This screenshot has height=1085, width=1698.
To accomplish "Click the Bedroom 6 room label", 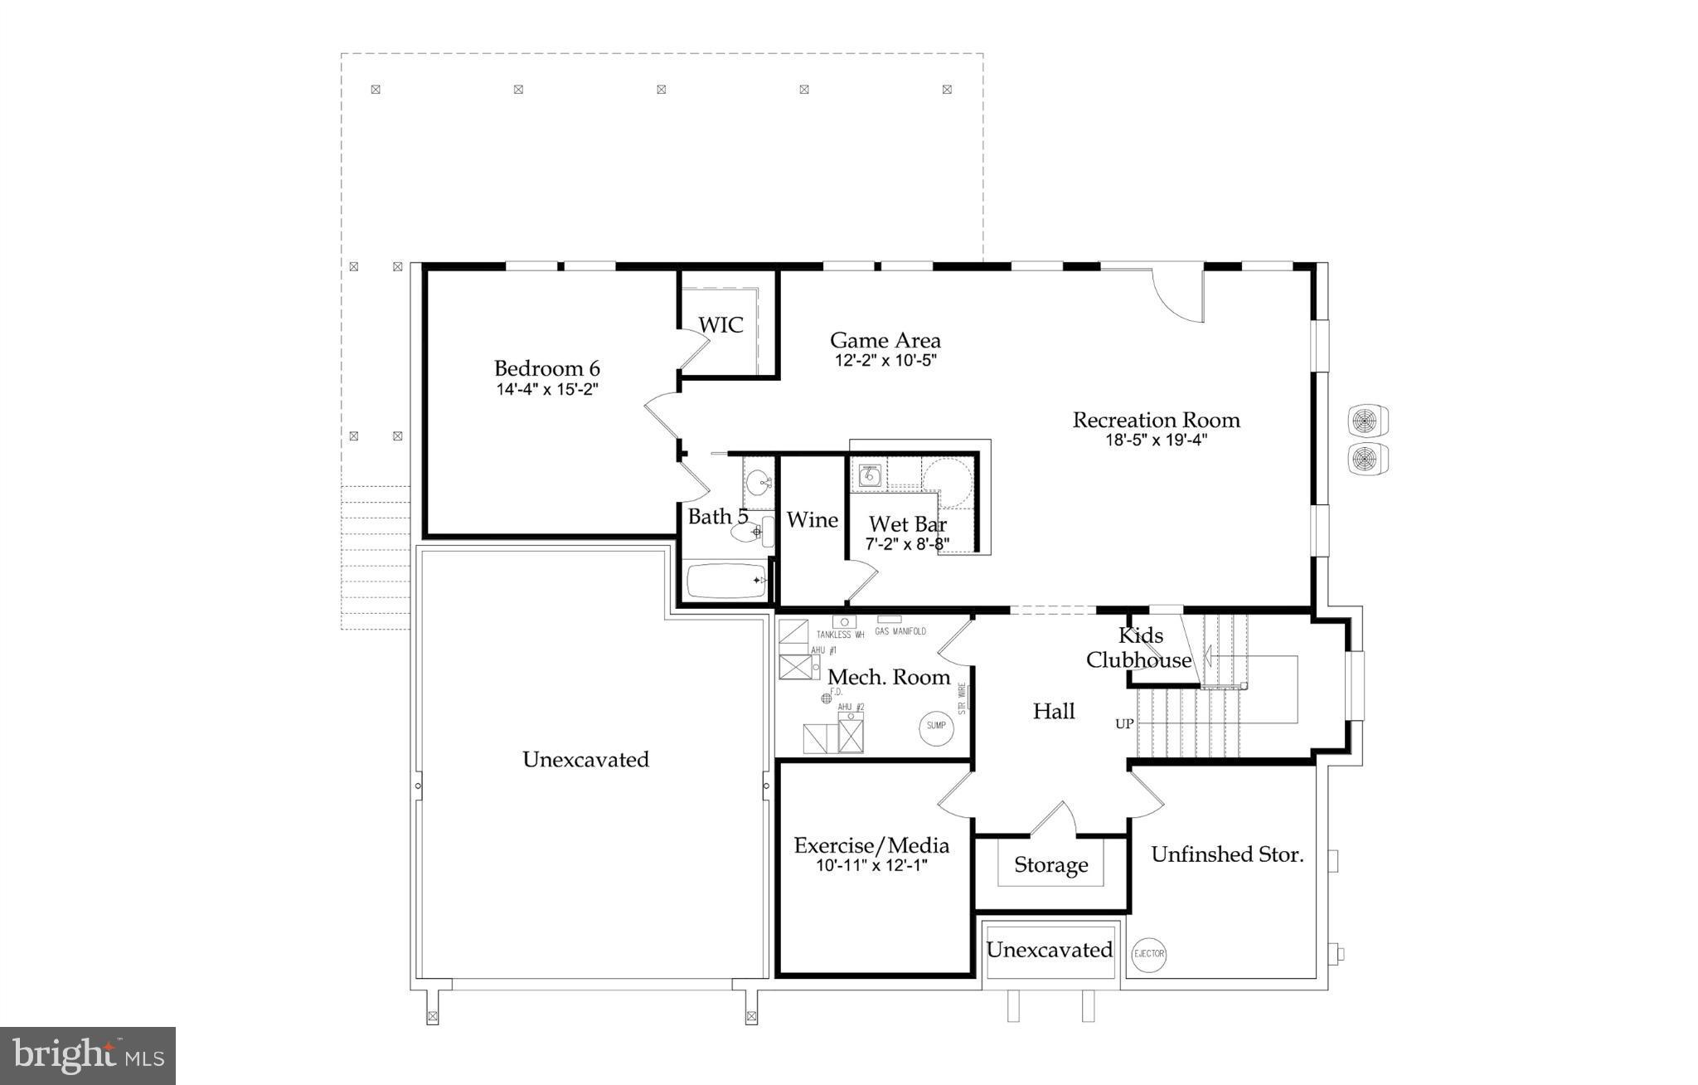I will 546,368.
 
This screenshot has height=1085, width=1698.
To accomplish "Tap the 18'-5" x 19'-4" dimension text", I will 1156,440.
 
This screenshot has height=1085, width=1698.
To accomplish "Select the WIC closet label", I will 720,325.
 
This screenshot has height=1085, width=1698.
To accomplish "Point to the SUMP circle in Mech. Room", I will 936,726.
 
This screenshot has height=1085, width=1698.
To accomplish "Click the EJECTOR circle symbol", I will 1149,954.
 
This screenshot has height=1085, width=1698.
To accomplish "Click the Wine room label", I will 812,520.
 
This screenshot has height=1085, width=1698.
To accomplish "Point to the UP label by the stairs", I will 1124,724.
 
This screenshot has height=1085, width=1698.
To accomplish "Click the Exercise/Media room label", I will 871,846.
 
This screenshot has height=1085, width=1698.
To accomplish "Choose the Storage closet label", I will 1050,865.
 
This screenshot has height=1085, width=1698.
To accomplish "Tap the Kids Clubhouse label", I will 1139,648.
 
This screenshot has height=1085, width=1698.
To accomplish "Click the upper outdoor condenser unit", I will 1368,420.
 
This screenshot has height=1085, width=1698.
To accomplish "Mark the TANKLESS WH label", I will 840,635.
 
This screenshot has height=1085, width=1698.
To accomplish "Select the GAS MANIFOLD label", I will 900,631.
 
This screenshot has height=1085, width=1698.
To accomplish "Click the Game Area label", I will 885,340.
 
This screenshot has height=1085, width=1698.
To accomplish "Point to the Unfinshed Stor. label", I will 1227,854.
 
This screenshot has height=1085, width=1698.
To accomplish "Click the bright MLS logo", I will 88,1055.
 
